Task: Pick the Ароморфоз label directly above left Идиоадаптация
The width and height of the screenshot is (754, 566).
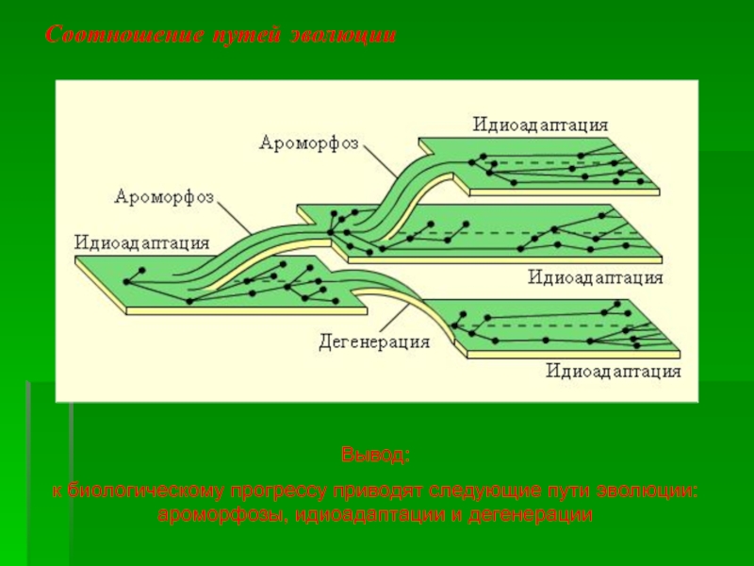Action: [x=164, y=197]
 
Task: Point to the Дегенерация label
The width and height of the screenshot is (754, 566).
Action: [x=374, y=341]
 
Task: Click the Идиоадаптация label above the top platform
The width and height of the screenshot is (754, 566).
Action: [x=540, y=125]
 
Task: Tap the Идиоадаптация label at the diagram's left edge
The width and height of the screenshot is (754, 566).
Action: [x=141, y=242]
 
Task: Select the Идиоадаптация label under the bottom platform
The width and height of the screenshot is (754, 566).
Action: [x=614, y=371]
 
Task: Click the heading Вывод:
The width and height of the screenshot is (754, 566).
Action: [x=375, y=456]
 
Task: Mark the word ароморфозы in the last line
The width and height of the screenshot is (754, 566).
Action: [x=222, y=515]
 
